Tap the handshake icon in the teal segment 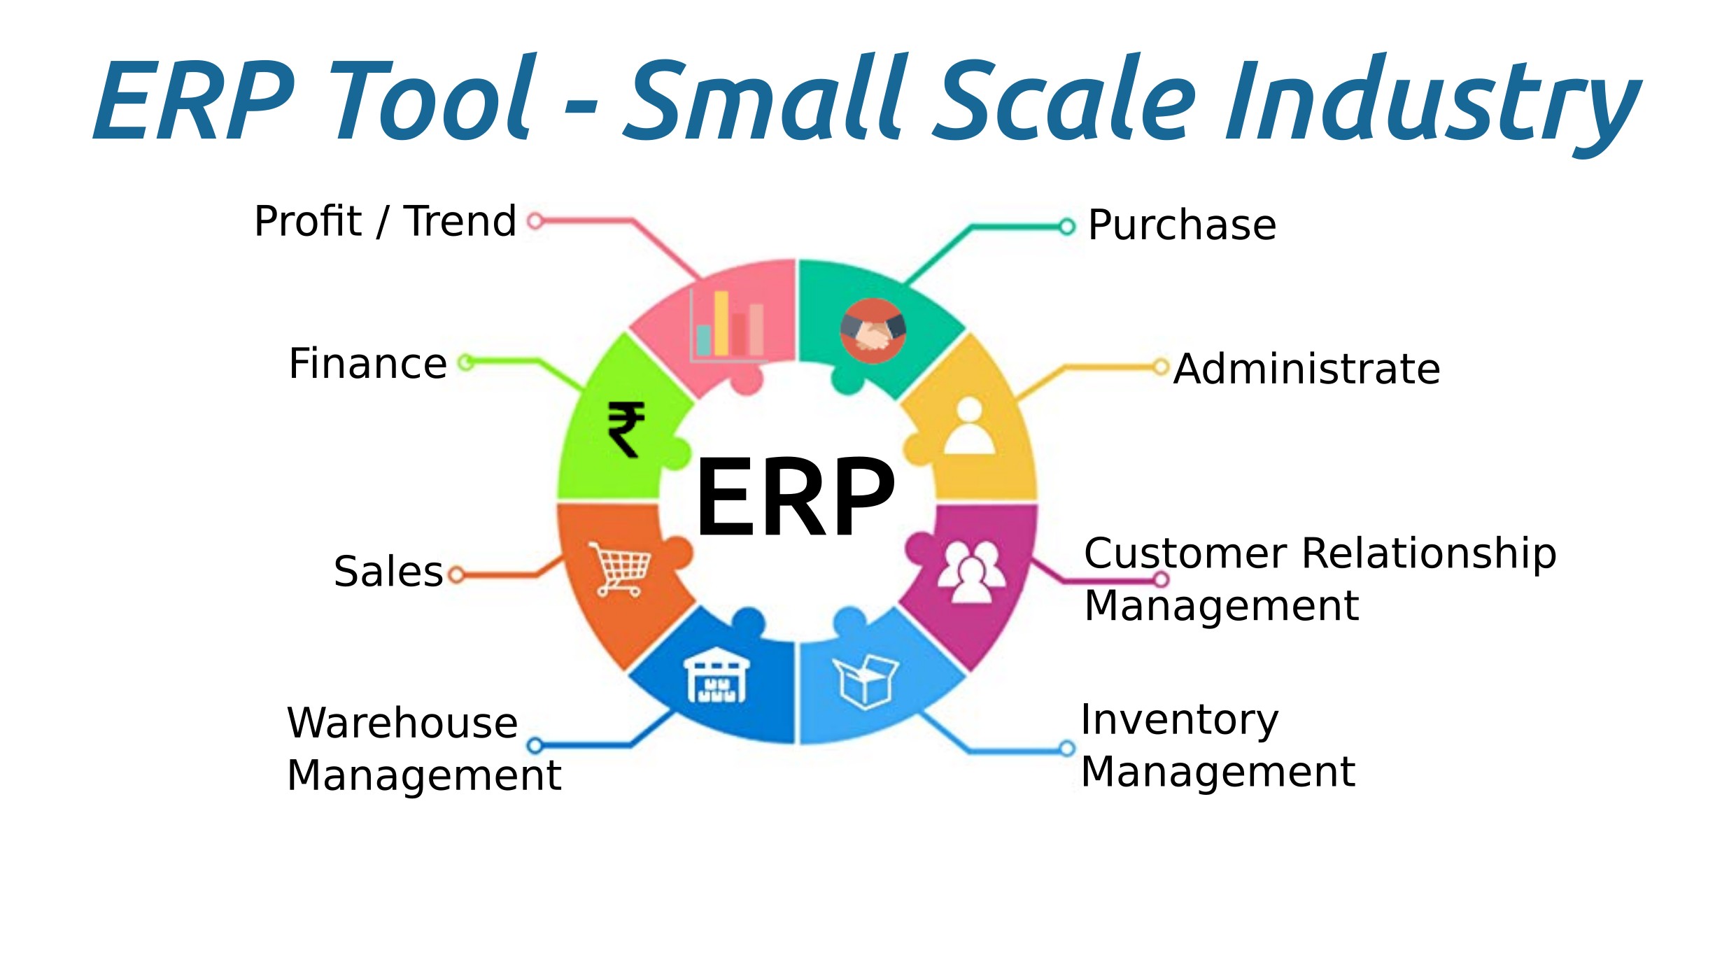[x=873, y=331]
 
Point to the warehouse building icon [x=717, y=675]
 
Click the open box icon [x=866, y=682]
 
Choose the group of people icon [x=971, y=572]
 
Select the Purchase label [x=1182, y=225]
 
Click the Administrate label [x=1306, y=369]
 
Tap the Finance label [x=368, y=364]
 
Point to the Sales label [x=388, y=572]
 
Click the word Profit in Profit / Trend [x=308, y=221]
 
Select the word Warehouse [x=402, y=723]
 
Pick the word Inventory [x=1180, y=721]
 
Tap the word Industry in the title [x=1432, y=101]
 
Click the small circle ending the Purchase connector [x=1066, y=227]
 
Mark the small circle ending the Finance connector [x=466, y=362]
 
